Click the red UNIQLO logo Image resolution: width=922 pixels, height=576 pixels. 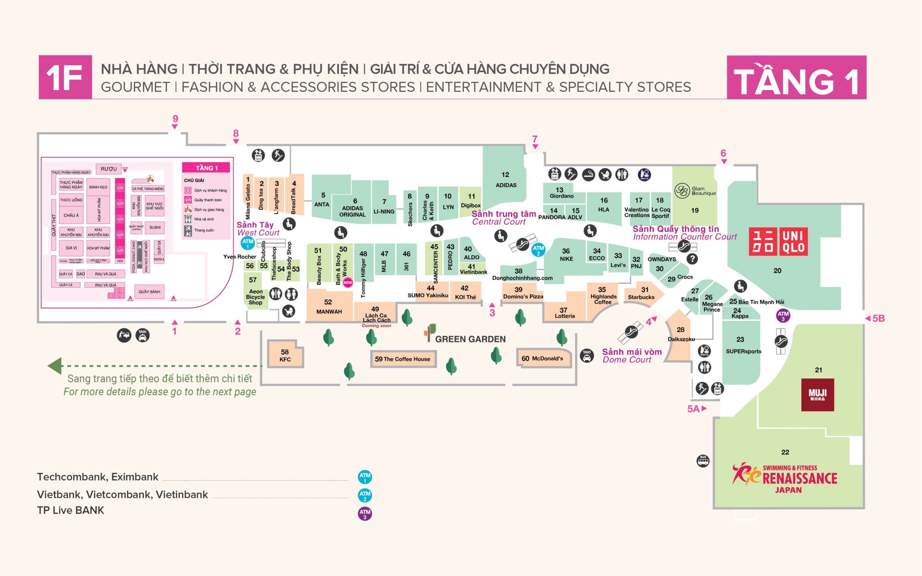point(778,242)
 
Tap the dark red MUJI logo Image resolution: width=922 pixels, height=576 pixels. point(817,394)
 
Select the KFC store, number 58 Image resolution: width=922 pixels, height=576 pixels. point(285,355)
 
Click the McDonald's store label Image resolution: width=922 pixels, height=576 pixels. point(542,359)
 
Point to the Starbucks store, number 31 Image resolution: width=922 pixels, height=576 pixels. point(641,293)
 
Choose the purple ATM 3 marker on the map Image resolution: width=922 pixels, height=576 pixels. point(783,315)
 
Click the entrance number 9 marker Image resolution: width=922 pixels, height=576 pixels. point(175,119)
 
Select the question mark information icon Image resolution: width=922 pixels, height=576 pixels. point(692,259)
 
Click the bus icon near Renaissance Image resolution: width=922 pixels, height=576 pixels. point(703,460)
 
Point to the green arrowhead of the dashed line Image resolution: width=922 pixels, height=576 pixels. point(54,366)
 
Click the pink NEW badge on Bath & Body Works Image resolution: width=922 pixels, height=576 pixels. point(348,283)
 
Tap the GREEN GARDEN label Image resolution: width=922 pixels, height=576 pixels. point(470,339)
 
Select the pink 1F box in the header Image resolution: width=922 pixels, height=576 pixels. point(65,77)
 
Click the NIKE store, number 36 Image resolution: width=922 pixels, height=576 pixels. point(566,255)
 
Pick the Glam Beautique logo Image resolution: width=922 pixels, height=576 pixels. point(681,190)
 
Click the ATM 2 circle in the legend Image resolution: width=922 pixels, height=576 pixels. point(364,495)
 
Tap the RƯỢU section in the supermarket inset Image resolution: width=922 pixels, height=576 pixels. point(108,169)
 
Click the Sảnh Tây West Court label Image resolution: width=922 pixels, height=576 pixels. point(258,229)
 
